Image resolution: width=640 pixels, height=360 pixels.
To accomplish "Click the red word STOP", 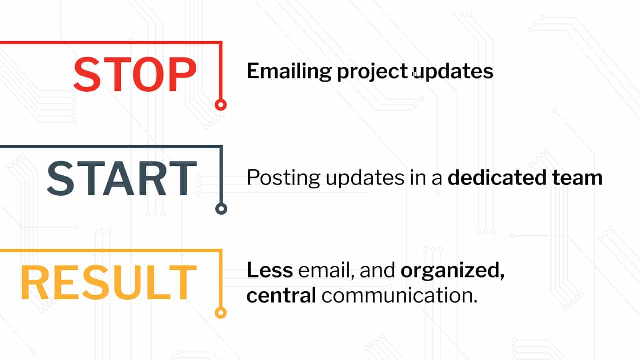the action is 135,74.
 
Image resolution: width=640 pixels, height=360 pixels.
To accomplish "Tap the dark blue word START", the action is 122,178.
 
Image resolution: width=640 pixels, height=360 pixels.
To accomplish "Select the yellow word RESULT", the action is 109,282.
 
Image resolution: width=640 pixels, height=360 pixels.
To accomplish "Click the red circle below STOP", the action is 221,105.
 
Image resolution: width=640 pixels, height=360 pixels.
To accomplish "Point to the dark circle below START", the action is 221,209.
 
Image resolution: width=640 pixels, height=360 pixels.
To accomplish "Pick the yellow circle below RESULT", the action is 221,313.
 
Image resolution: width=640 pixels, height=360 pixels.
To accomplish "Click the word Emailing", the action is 289,71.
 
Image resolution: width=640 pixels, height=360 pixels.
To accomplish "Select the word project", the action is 372,71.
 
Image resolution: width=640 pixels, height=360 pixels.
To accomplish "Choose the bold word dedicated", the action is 497,177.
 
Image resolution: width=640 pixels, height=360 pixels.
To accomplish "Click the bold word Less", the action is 270,270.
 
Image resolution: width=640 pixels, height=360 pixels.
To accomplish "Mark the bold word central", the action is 281,295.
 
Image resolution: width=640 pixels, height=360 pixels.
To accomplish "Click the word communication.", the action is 399,295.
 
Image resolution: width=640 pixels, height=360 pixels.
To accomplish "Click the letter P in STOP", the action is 182,74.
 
